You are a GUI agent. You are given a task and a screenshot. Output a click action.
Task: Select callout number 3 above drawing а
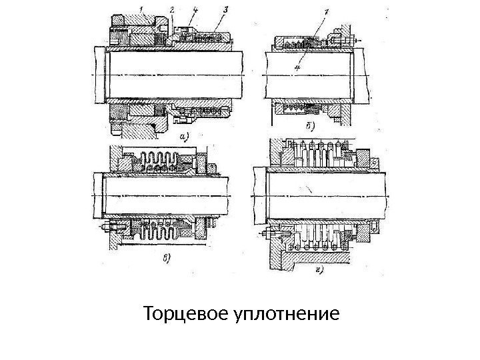coord(225,10)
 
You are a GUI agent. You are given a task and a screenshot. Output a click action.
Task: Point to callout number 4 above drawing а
coord(194,10)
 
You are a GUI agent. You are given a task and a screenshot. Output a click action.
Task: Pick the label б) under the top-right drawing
coord(310,125)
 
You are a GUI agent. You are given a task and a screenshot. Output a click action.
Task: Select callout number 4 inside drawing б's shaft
coord(298,67)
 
